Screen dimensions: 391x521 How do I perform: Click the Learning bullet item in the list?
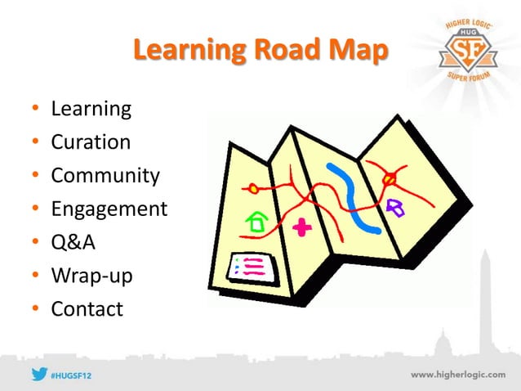(x=91, y=109)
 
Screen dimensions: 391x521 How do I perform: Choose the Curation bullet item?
(x=91, y=142)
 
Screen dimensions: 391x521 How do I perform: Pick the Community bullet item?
(x=105, y=176)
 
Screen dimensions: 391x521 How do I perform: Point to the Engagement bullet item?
(x=109, y=209)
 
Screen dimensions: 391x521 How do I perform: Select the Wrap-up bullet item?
(x=91, y=276)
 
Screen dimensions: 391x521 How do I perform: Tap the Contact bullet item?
(x=87, y=310)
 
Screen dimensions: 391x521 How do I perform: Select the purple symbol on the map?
(x=397, y=207)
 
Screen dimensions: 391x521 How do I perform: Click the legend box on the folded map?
(x=252, y=266)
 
